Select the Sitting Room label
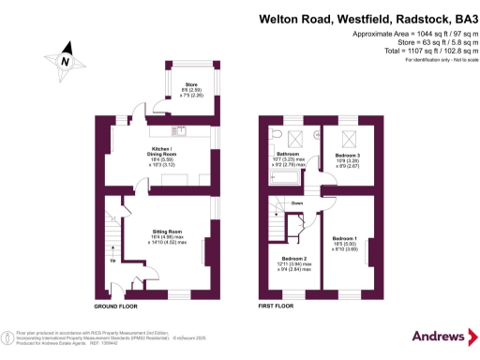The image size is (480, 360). (x=168, y=239)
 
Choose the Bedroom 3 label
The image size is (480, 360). (x=349, y=155)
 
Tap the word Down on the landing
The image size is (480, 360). (x=297, y=202)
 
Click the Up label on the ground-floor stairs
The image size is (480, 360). (x=113, y=260)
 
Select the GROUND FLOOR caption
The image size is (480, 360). (x=115, y=307)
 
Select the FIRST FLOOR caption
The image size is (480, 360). (x=276, y=307)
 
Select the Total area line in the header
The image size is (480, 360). (x=411, y=52)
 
